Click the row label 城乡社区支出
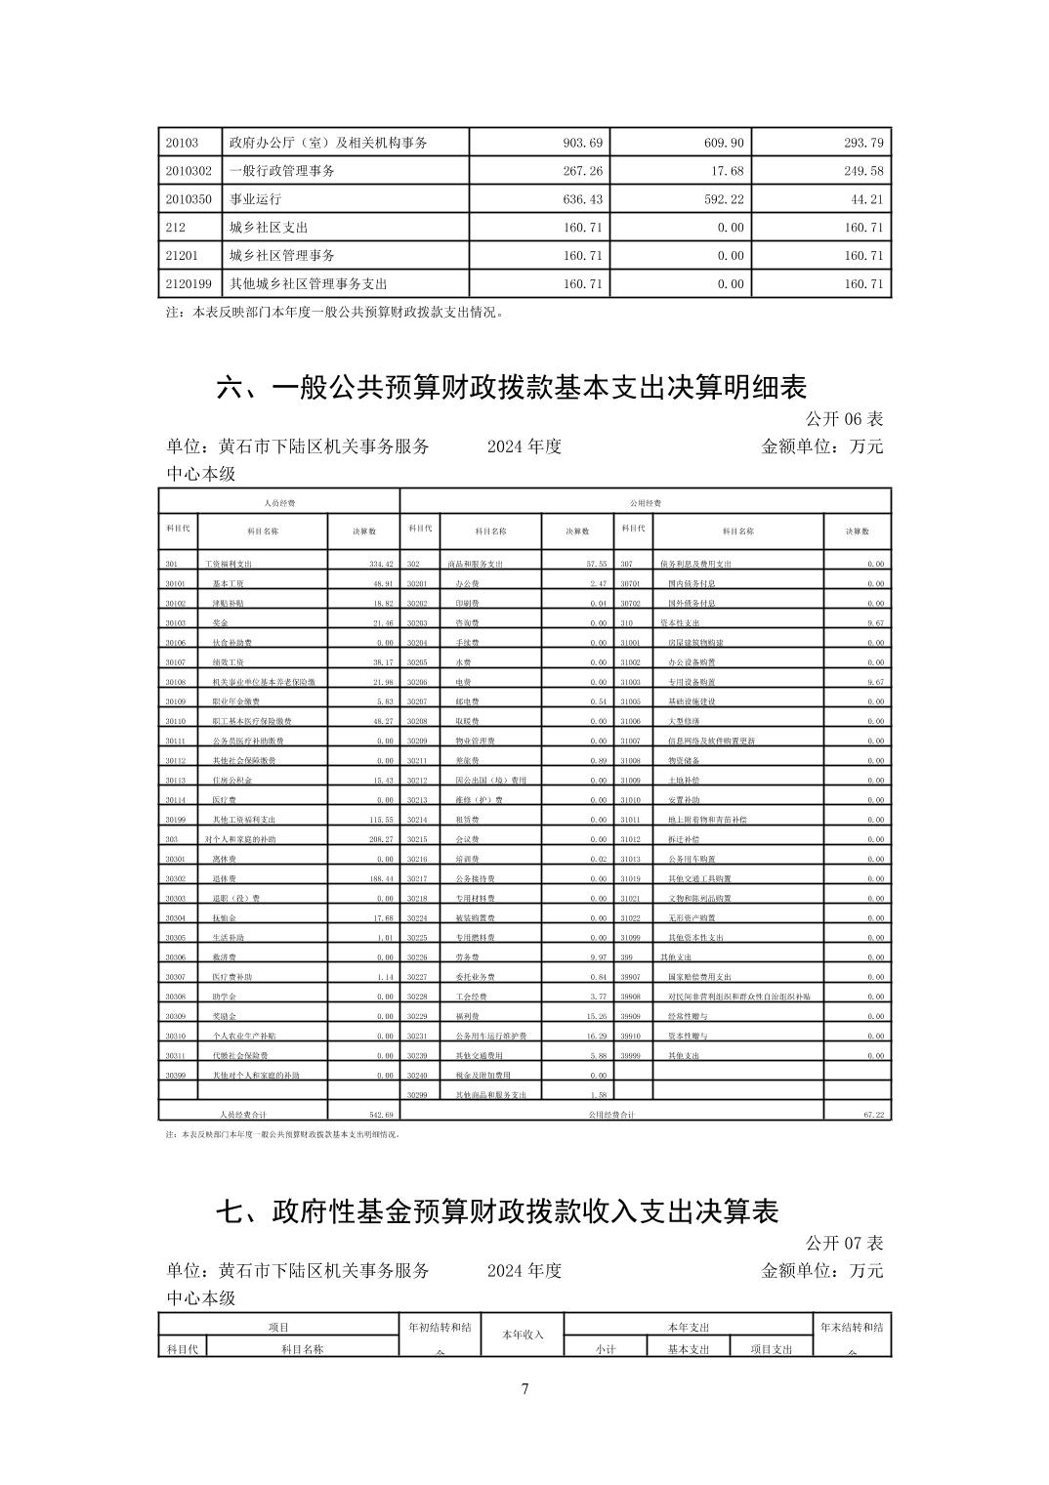click(269, 228)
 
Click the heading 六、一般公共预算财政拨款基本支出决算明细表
click(511, 388)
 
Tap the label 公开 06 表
click(844, 419)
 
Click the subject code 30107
click(176, 662)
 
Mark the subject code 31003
click(630, 682)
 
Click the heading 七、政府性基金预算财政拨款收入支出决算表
click(497, 1211)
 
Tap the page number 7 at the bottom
click(524, 1389)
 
